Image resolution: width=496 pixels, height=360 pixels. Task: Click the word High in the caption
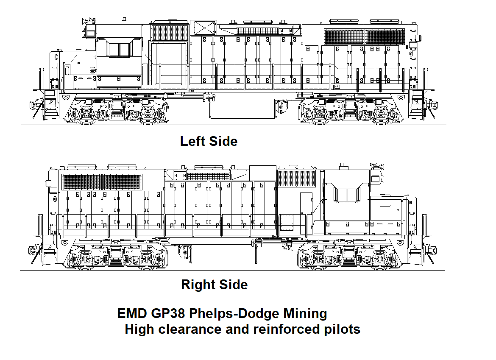coord(139,329)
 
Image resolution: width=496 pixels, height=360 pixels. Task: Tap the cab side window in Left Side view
coord(119,50)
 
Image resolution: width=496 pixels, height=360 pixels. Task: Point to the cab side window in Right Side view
coord(347,195)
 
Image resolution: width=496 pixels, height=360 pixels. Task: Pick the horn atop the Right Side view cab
coord(376,165)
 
